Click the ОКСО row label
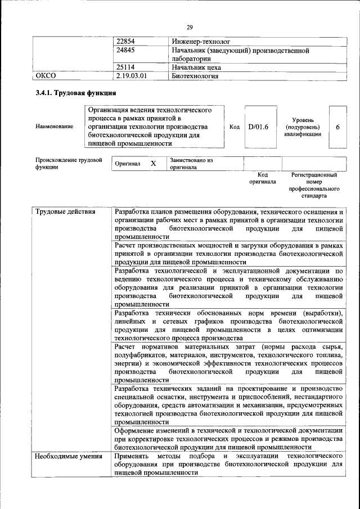[x=46, y=75]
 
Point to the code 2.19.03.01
[x=134, y=75]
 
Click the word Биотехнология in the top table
[x=195, y=75]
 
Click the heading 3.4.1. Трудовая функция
[x=75, y=93]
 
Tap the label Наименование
[x=54, y=127]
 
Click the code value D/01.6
[x=258, y=127]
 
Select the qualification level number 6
[x=337, y=127]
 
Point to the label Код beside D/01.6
[x=235, y=127]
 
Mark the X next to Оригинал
[x=153, y=163]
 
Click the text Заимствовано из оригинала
[x=191, y=163]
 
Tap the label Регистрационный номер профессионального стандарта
[x=313, y=186]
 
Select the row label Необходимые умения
[x=64, y=456]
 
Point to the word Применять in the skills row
[x=133, y=456]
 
